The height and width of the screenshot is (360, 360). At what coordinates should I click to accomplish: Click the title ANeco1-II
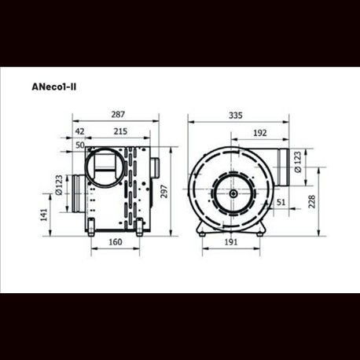pos(54,87)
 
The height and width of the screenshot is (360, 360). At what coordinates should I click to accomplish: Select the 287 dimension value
pos(118,115)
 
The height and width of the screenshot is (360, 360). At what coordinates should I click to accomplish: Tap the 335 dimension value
pos(236,116)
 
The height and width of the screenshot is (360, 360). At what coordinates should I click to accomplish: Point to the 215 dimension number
pos(120,131)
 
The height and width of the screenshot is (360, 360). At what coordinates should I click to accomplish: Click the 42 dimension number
pos(80,131)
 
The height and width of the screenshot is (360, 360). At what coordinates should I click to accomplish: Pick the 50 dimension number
pos(80,145)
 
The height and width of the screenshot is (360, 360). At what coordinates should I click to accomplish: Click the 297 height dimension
pos(164,192)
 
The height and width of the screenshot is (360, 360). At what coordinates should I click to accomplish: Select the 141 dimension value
pos(44,215)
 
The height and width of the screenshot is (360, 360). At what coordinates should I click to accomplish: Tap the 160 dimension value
pos(116,242)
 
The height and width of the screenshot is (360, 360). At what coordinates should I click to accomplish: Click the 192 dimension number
pos(260,133)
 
